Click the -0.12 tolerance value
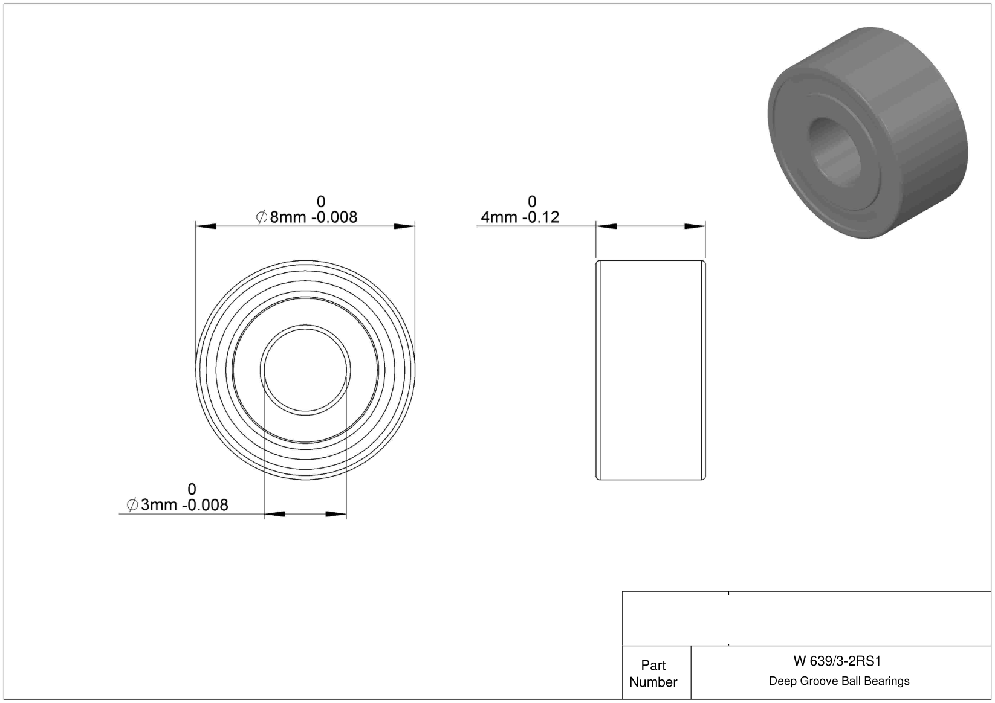tap(540, 217)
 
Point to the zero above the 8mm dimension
tap(321, 202)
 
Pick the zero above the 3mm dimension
tap(192, 489)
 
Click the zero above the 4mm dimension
tap(532, 202)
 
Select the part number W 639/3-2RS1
tap(837, 661)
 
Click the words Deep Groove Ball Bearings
tap(839, 681)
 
